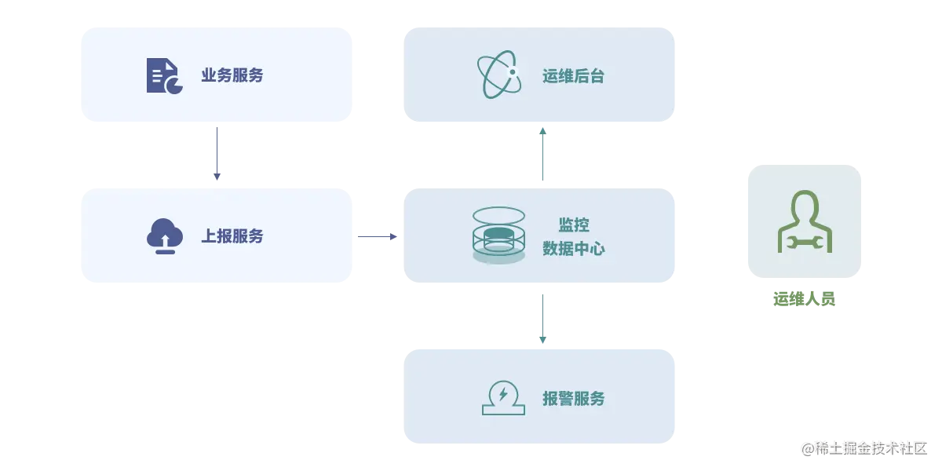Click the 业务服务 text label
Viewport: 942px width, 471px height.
pos(232,75)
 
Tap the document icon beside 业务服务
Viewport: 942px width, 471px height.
pos(164,75)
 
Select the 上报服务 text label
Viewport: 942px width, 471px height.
pos(232,235)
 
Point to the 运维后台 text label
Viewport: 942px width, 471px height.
pos(574,76)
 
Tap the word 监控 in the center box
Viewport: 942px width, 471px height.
pos(574,225)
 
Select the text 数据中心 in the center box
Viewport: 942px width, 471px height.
pos(574,249)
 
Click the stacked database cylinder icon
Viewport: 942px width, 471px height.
pos(498,235)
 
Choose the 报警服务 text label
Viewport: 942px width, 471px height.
pos(574,398)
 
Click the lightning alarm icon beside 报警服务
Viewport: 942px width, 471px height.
pos(503,397)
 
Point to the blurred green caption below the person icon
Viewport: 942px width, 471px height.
pos(806,298)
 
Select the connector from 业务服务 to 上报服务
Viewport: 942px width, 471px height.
pos(217,154)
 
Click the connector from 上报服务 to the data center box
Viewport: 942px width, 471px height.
pos(379,235)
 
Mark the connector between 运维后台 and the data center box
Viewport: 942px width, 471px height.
pos(542,154)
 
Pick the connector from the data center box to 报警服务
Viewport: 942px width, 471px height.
pos(542,316)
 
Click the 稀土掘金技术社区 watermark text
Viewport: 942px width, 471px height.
pos(863,448)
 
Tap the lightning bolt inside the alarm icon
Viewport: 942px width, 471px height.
pos(503,392)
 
